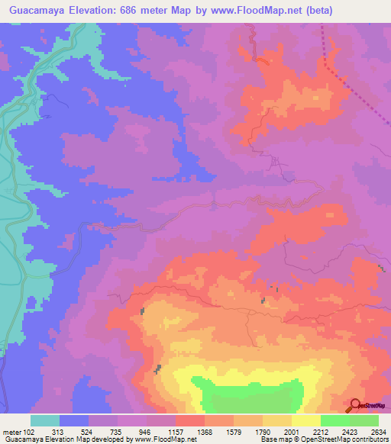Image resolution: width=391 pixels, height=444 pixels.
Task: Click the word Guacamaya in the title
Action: (36, 11)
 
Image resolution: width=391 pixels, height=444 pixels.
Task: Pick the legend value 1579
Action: (234, 432)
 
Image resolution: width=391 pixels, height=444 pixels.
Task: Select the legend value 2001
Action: (291, 432)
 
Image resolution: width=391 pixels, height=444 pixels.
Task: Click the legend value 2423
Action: (349, 432)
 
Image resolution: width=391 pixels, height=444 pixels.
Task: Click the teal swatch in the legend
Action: (45, 420)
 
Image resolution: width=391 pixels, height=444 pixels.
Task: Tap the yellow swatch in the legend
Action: (305, 420)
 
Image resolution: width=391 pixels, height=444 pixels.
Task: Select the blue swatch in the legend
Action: (74, 420)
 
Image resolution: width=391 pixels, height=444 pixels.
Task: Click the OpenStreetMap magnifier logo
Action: (355, 404)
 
